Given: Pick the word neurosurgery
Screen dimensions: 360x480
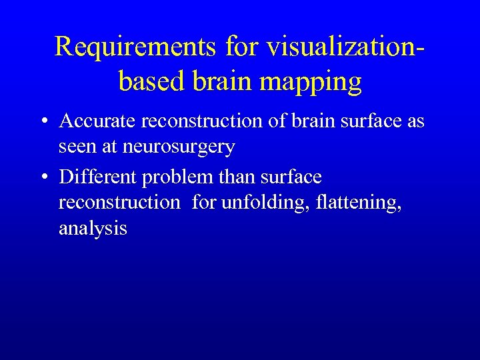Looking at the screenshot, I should point(179,147).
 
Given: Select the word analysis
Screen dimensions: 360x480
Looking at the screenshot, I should point(93,229).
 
